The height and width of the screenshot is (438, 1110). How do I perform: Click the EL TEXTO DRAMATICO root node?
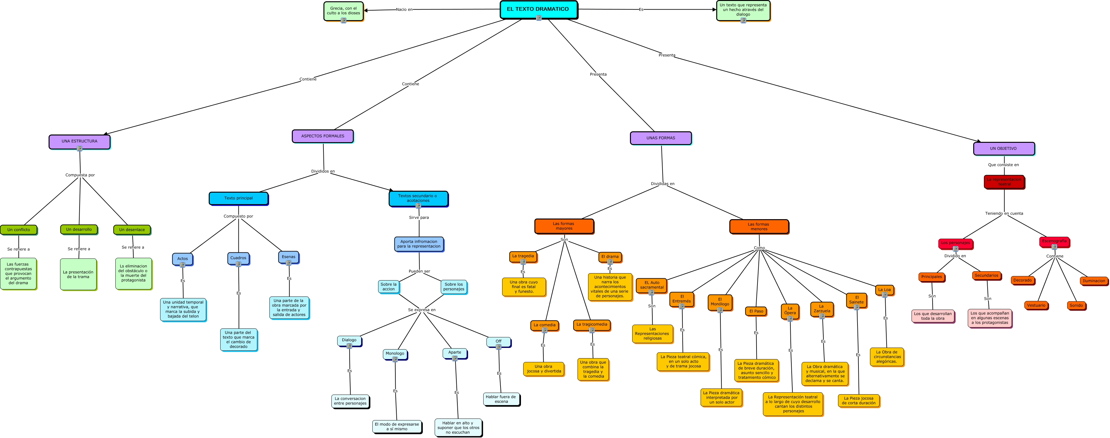[538, 9]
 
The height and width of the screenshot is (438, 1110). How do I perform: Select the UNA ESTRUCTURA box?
[79, 141]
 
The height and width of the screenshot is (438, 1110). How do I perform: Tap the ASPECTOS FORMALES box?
[323, 136]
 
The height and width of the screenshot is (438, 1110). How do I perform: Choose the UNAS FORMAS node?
[661, 138]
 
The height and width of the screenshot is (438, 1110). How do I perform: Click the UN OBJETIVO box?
[1003, 148]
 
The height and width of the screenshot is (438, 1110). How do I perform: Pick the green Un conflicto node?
[19, 230]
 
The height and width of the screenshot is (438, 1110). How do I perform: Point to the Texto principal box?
[238, 198]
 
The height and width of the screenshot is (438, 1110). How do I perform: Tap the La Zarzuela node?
[822, 308]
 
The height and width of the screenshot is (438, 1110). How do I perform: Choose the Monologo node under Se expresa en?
[395, 354]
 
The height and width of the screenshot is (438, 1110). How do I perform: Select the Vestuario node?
[1036, 305]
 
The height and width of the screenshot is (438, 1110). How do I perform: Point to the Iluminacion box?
[1094, 281]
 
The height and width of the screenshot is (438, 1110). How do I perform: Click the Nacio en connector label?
[404, 10]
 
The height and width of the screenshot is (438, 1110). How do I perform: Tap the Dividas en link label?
[662, 184]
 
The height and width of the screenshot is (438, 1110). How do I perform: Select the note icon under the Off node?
[499, 347]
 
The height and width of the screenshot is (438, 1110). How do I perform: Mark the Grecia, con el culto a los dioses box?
[344, 11]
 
